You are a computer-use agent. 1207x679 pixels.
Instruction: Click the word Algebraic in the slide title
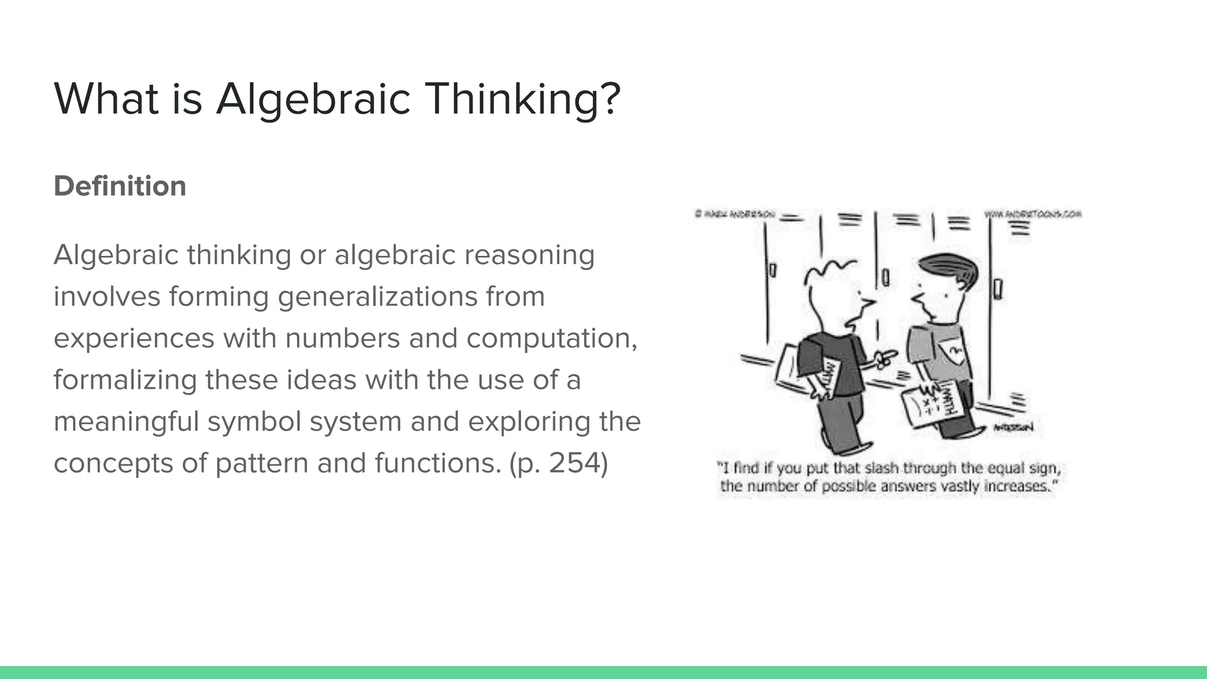click(x=313, y=99)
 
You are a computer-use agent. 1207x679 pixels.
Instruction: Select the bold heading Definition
click(x=120, y=186)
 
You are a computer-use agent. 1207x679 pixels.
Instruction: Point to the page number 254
click(x=574, y=463)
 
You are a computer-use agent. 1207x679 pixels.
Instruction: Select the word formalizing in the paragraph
click(x=125, y=380)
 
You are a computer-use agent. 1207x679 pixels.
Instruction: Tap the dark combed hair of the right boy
click(x=949, y=268)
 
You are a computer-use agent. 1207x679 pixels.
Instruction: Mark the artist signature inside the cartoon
click(x=1013, y=427)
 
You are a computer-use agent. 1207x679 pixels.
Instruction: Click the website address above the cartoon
click(x=1033, y=215)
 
